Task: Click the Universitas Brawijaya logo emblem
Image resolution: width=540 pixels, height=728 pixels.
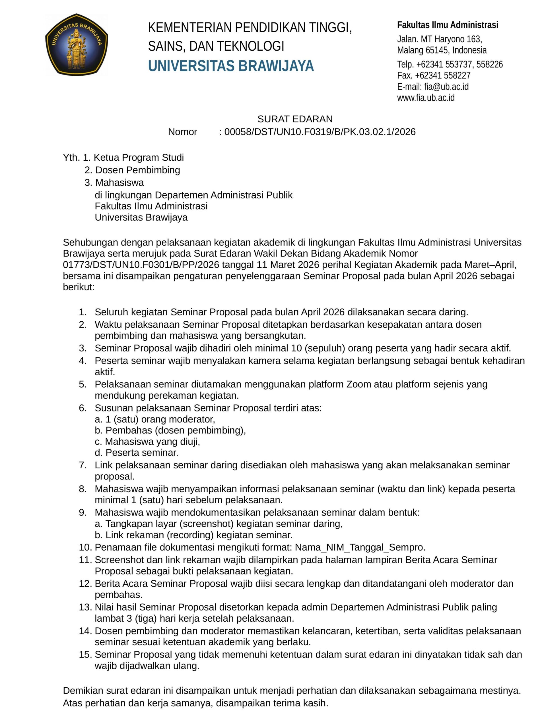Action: [x=77, y=44]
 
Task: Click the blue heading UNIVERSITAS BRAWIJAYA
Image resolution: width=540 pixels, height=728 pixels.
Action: [x=231, y=66]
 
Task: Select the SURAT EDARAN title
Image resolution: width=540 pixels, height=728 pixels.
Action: [x=295, y=119]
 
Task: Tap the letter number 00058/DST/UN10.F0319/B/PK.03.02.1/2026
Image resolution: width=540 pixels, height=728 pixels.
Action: [x=320, y=132]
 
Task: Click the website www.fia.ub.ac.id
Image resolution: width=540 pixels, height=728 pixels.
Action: [x=426, y=98]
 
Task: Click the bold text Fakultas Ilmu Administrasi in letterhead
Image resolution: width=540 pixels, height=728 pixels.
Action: [x=448, y=25]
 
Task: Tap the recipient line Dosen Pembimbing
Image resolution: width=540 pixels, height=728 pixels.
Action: [x=138, y=170]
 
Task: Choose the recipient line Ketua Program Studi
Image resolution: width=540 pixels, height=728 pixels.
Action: [x=139, y=158]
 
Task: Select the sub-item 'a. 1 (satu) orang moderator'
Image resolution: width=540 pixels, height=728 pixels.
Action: [x=155, y=419]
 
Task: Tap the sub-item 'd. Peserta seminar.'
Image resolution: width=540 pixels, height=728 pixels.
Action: [x=137, y=452]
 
